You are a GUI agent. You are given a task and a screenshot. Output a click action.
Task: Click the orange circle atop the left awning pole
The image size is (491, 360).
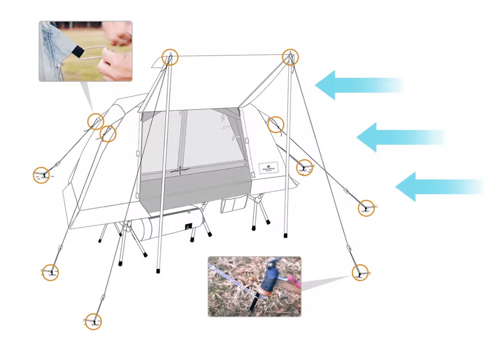coord(170,57)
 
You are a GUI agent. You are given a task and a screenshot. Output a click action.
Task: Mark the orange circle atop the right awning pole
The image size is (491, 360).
coord(290,57)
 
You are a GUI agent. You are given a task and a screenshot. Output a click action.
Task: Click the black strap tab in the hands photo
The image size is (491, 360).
coord(78,52)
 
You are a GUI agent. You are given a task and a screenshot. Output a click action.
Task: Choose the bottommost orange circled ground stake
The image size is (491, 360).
coord(94,322)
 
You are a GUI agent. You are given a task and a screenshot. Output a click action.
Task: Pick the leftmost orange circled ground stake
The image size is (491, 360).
coord(41,175)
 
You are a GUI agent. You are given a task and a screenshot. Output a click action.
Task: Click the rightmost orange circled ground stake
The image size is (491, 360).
coord(366,208)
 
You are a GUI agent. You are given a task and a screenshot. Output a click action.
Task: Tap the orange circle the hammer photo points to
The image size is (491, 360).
coord(360,272)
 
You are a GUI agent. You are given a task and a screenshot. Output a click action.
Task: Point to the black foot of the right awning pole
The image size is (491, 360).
coord(286,235)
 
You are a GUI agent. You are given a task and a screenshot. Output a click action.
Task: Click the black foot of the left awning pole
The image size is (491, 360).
coord(158,271)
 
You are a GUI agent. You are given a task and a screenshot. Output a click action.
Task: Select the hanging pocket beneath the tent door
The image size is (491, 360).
coord(232,205)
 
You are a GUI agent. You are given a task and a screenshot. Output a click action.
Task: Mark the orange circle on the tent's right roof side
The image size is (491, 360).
coord(276,124)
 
